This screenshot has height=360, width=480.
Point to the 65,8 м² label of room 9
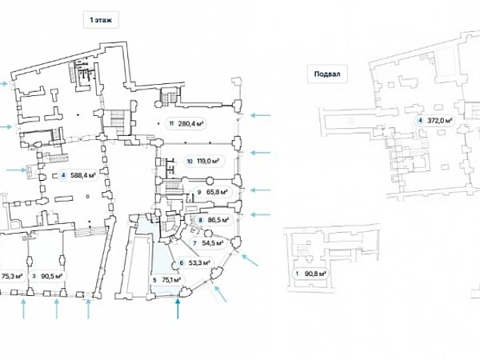click(217, 192)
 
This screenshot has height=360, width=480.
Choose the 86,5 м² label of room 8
click(218, 220)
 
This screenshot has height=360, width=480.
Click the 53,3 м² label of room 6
click(200, 262)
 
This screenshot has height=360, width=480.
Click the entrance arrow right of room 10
click(262, 154)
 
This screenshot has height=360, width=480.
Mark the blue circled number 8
click(201, 220)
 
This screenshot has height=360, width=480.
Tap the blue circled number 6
click(182, 262)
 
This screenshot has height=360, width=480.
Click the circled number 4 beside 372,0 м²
click(421, 121)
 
